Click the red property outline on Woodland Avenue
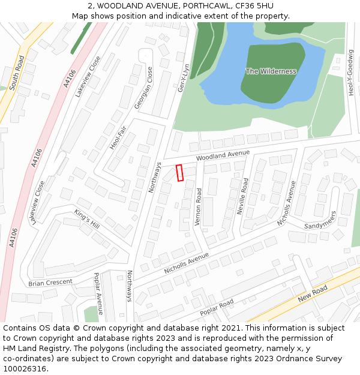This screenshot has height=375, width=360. [x=179, y=172]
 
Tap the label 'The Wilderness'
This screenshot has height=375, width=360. [x=271, y=71]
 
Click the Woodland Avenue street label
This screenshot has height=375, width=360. [x=223, y=155]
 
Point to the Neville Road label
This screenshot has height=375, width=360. [x=244, y=196]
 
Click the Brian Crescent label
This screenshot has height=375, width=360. [x=50, y=281]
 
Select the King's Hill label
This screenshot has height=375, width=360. [x=86, y=218]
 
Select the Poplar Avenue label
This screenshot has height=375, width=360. [x=98, y=293]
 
